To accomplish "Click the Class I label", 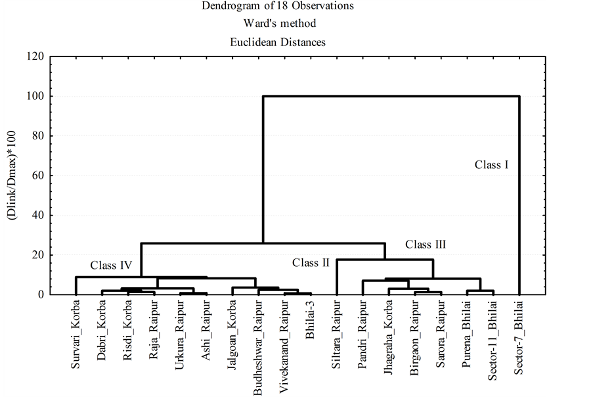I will (491, 165).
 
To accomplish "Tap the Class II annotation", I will (311, 263).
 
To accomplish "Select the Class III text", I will (426, 245).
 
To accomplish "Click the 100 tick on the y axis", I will (35, 97).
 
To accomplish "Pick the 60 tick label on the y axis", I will (37, 175).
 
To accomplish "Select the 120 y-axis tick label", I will (35, 57).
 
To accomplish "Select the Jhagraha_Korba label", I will (388, 337).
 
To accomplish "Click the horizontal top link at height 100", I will (391, 97).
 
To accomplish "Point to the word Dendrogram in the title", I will (229, 6).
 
